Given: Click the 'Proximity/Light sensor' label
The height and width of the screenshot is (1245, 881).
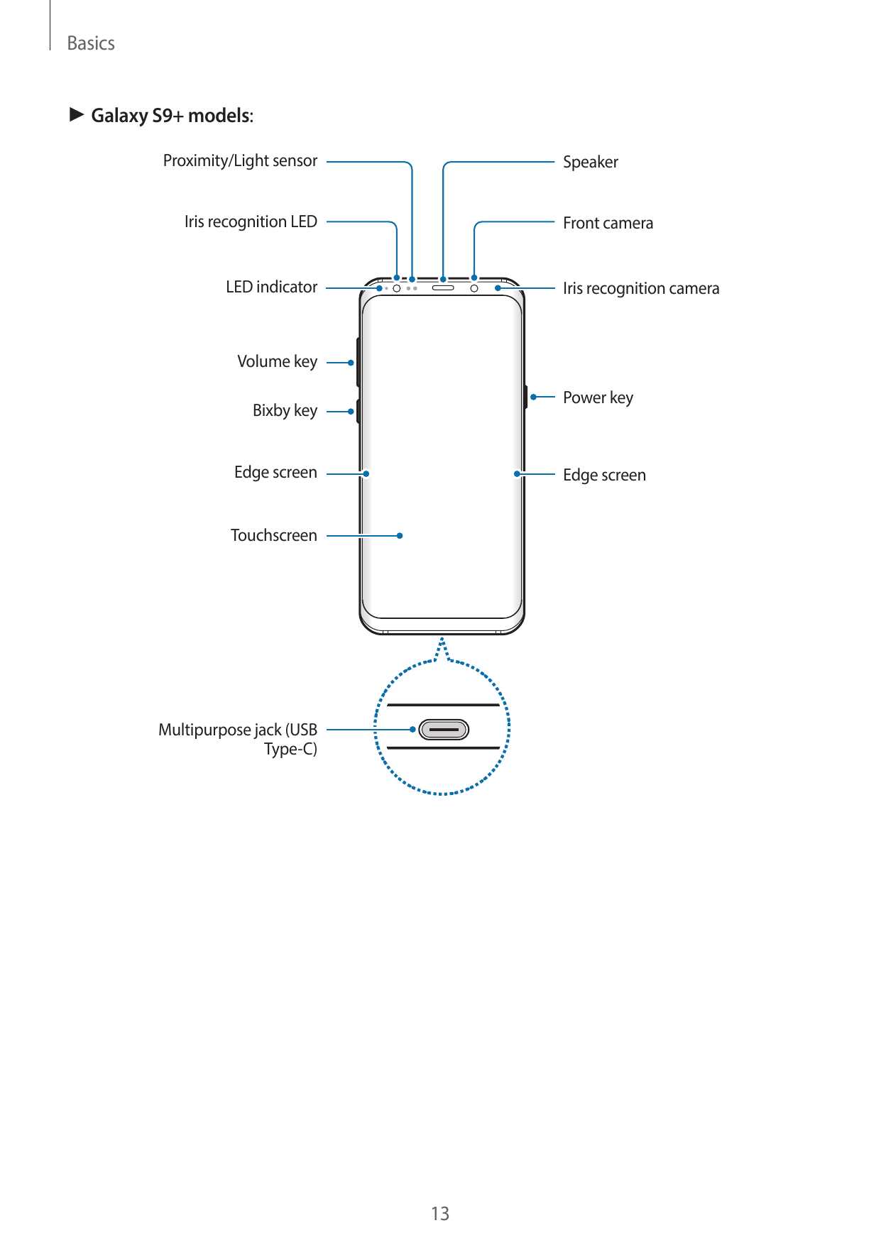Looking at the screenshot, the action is click(240, 161).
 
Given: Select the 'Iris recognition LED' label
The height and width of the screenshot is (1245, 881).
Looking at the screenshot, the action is click(251, 222).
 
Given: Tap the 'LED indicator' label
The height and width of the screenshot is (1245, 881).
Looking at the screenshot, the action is click(271, 287).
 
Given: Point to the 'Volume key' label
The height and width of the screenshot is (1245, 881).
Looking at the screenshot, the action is click(277, 362).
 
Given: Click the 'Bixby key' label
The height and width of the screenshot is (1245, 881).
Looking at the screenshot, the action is click(285, 411).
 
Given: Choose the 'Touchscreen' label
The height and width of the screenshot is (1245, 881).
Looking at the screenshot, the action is click(273, 535).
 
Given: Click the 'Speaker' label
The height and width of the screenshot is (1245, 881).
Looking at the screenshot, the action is click(591, 163).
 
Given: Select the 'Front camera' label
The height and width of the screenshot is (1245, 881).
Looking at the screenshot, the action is click(608, 223).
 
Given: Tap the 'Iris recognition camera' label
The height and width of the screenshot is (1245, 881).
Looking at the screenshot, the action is click(641, 288).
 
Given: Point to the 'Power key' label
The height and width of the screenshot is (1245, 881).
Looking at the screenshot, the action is click(598, 398).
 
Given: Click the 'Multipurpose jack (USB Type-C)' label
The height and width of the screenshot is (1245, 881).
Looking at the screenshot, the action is click(238, 740).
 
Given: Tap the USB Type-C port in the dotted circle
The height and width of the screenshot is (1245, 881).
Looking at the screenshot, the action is click(444, 730).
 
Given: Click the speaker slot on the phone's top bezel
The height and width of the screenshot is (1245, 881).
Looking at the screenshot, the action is click(443, 288).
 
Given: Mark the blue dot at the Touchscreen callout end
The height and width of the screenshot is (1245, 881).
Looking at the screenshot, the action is click(400, 536).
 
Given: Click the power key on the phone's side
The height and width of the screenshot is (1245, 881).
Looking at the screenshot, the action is click(526, 397).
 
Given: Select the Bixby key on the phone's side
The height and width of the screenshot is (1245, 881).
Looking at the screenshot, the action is click(358, 411).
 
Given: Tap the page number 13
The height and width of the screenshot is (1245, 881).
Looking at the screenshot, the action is click(440, 1214).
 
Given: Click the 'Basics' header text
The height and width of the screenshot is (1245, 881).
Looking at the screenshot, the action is click(91, 43).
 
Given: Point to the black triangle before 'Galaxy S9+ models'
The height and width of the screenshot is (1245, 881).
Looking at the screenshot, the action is click(77, 114).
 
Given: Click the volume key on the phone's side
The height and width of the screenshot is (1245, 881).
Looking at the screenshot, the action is click(358, 362).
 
